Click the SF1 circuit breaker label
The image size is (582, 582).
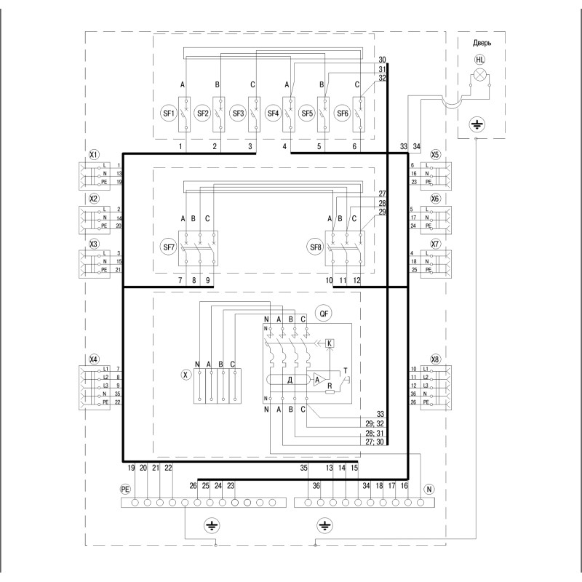point(169,113)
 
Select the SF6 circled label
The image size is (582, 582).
point(342,113)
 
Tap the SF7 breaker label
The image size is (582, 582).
point(169,247)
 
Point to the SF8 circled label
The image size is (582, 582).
point(316,247)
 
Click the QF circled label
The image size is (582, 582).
point(324,314)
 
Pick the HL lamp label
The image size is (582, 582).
point(480,60)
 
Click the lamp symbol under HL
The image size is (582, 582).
point(480,76)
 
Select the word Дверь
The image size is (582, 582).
point(482,43)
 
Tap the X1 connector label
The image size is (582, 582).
point(95,154)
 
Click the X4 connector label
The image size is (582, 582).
point(95,359)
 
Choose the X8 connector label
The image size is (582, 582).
point(434,359)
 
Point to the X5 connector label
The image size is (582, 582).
point(434,154)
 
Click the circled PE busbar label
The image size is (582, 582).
point(125,489)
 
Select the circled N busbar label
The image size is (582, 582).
point(429,489)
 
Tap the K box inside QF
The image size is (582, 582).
point(330,343)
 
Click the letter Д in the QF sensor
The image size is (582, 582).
point(290,380)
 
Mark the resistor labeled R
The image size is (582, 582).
point(330,391)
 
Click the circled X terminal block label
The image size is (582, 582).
point(186,375)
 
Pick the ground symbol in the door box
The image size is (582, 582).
point(477,124)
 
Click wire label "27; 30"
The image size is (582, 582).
point(375,442)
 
